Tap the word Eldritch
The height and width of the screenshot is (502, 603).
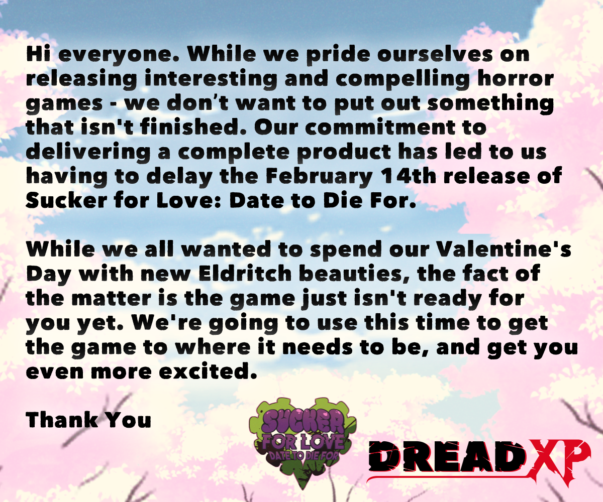[x=246, y=273]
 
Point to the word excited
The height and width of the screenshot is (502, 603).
[x=208, y=371]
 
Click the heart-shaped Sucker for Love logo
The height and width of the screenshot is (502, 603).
[x=303, y=441]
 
